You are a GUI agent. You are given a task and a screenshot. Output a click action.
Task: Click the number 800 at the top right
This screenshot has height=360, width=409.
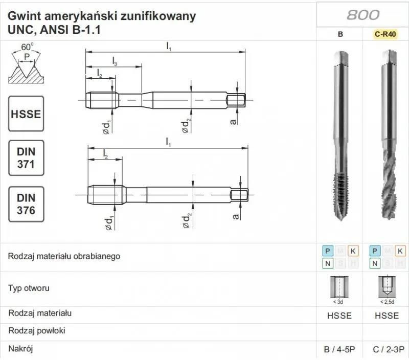point(362,14)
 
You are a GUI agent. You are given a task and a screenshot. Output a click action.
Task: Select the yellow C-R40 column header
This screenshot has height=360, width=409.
point(386,35)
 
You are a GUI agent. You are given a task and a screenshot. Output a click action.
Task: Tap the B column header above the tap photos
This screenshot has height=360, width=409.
point(340,35)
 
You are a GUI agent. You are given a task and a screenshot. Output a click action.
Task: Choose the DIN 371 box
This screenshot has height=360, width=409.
point(26,157)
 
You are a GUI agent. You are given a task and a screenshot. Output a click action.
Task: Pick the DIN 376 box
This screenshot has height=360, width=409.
point(26,204)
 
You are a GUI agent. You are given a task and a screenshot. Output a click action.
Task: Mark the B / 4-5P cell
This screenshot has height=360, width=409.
point(339,350)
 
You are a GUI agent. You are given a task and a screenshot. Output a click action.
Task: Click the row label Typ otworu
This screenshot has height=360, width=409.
point(29,288)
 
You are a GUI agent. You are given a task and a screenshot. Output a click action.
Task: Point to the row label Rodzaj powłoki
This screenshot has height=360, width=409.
point(37,330)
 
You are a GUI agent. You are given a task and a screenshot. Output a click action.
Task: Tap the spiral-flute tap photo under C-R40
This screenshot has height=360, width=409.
point(387,138)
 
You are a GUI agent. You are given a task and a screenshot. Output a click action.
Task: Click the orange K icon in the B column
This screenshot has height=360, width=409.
point(353,251)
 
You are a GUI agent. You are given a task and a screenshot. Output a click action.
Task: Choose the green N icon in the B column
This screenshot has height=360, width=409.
point(327,263)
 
